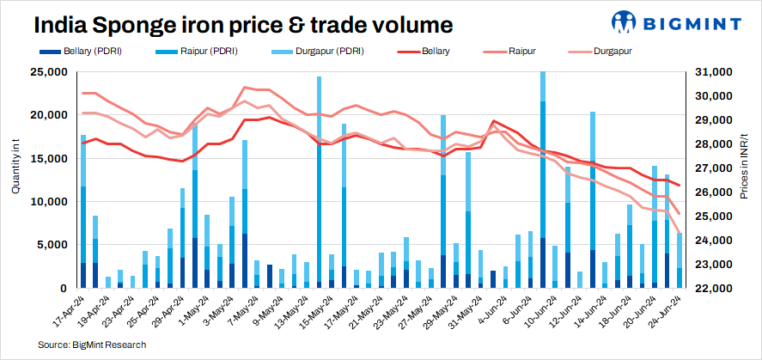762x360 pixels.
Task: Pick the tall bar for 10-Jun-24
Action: pos(543,180)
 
